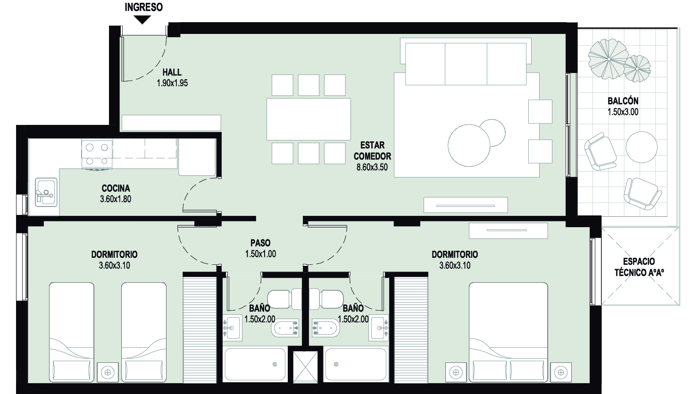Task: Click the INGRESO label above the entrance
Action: tap(144, 7)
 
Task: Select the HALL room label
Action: tap(172, 72)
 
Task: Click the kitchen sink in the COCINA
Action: tap(46, 192)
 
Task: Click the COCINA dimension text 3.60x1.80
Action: tap(116, 199)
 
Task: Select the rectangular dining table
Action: tap(308, 119)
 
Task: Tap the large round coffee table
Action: tap(469, 145)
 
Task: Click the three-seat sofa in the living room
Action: tap(466, 62)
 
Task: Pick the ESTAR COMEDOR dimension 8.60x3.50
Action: tap(372, 167)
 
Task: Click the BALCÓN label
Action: tap(623, 101)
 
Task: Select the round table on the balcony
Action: tap(642, 147)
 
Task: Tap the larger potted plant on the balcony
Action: tap(609, 59)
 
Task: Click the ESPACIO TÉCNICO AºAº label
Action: tap(639, 267)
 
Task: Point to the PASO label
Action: tap(260, 243)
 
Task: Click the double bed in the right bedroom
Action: tap(508, 332)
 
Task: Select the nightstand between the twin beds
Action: tap(108, 372)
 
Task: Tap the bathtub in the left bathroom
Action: tap(255, 364)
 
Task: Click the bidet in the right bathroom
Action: tap(326, 328)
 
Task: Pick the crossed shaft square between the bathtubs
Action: tap(305, 367)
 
